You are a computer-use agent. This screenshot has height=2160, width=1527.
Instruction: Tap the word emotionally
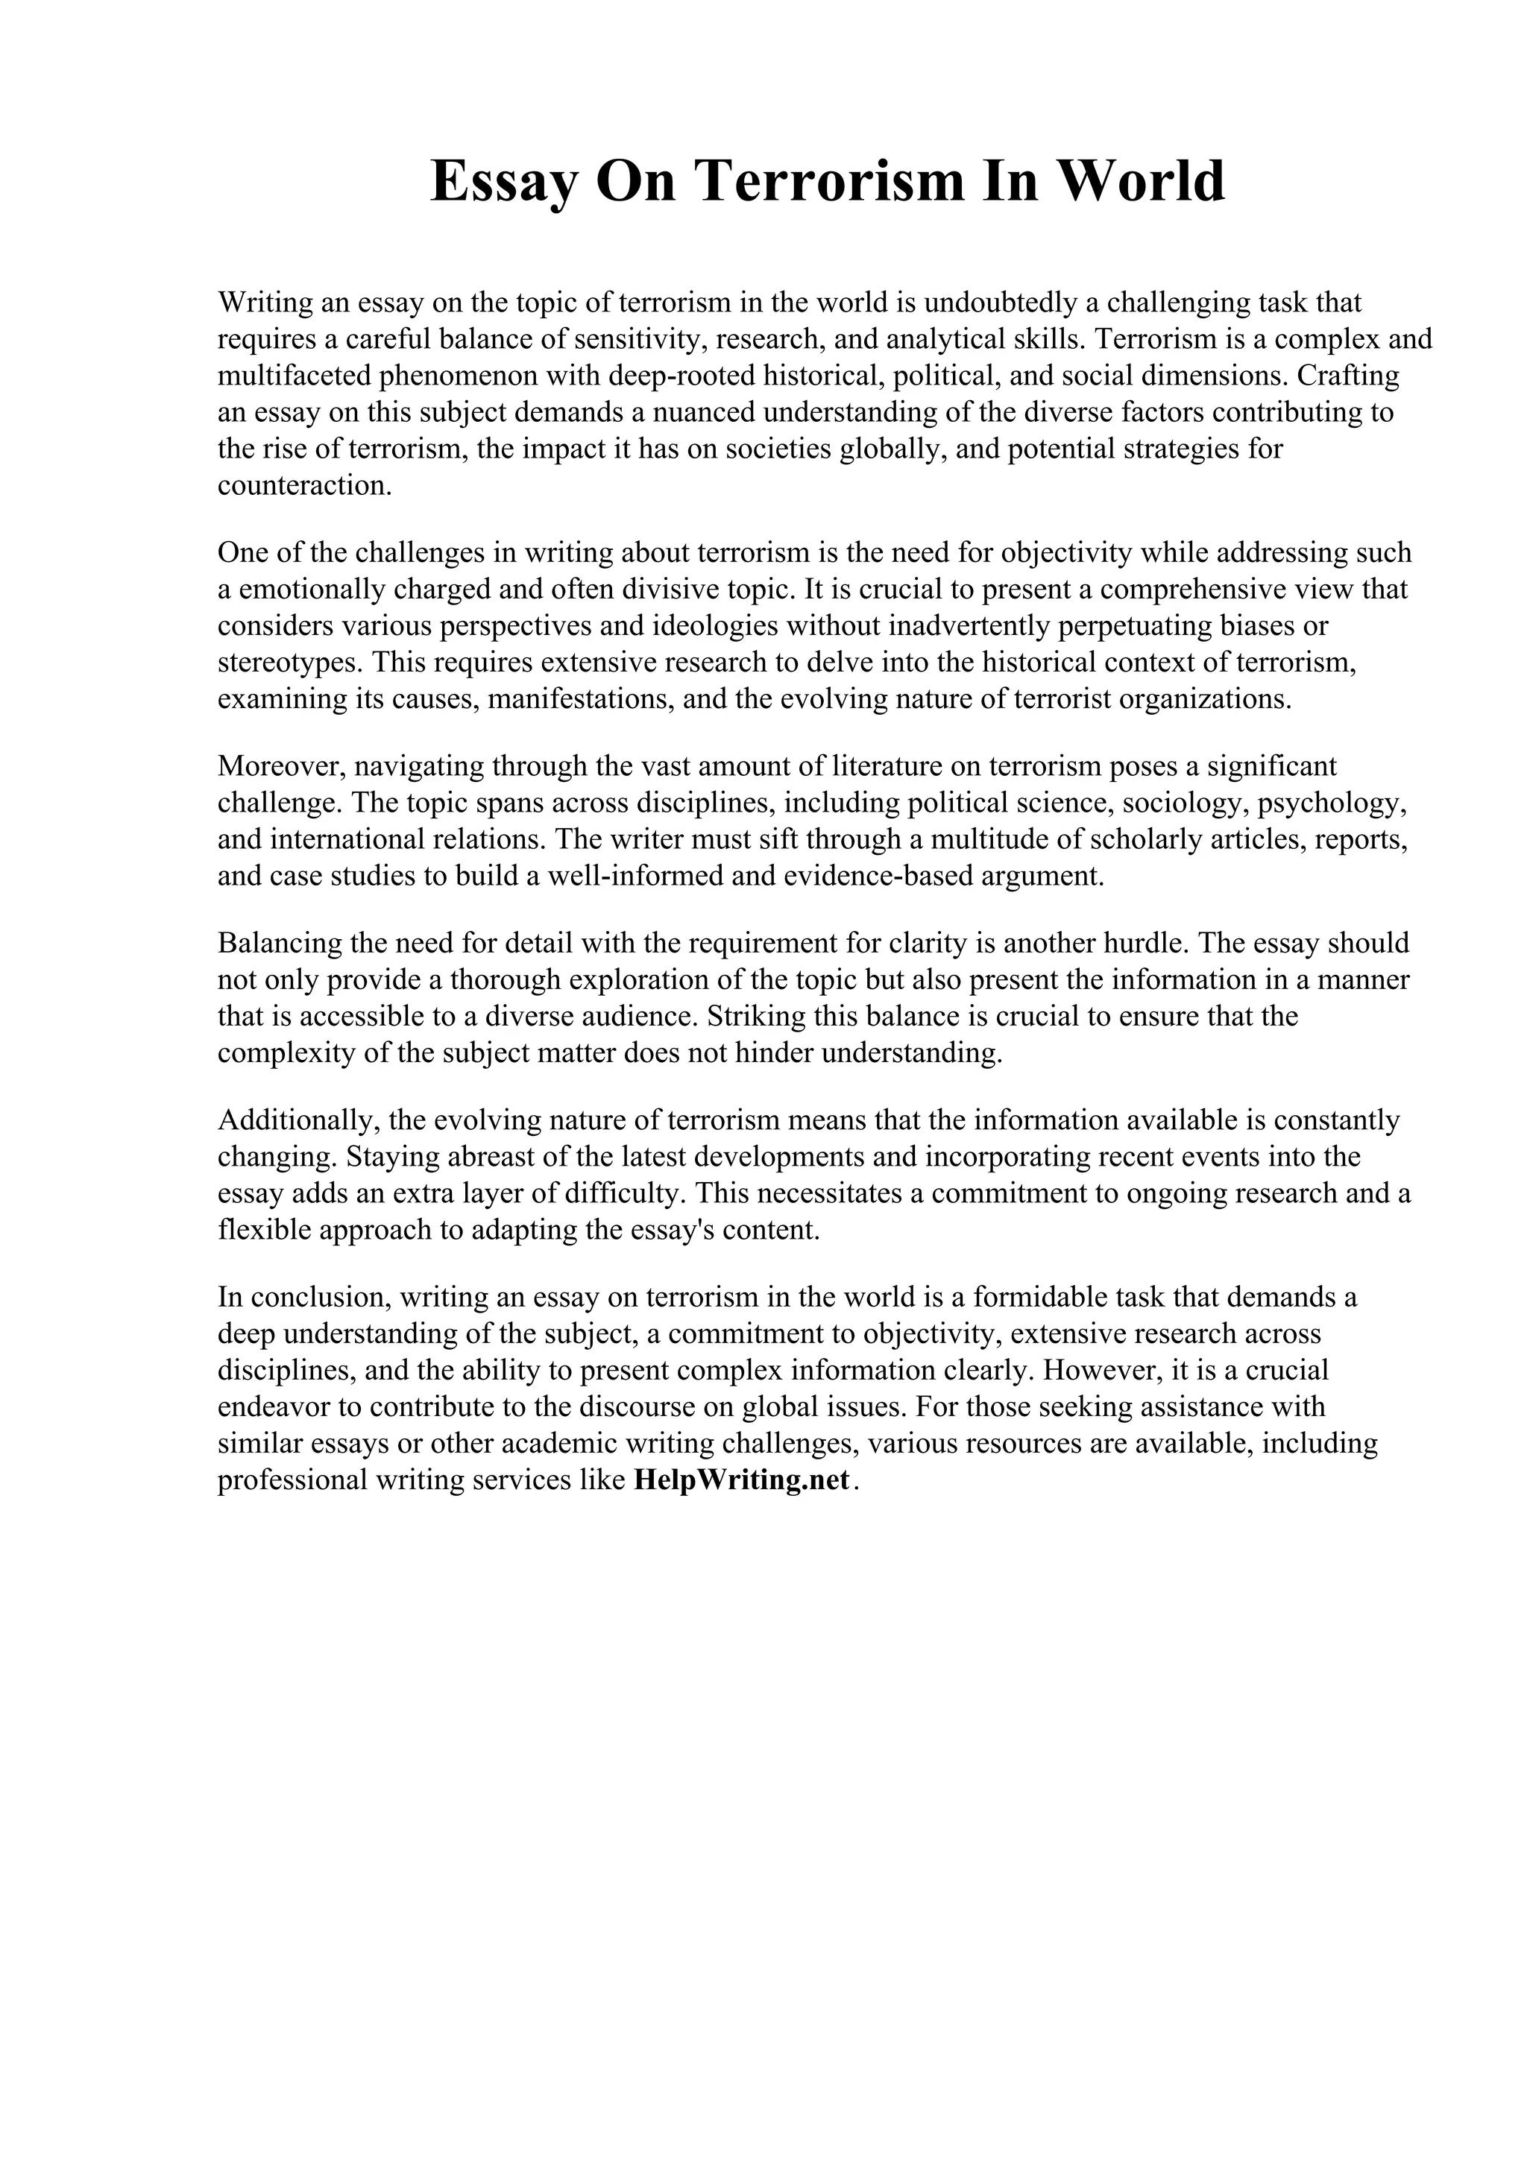point(309,590)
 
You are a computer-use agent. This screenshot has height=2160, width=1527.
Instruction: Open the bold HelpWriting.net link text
point(741,1481)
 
